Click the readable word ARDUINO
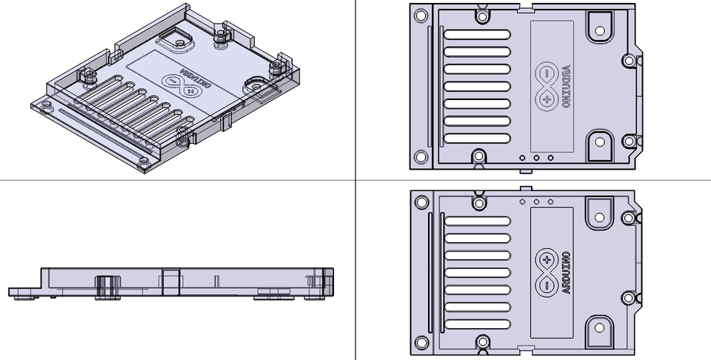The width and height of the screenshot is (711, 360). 567,273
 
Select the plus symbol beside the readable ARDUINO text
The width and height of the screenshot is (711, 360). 547,260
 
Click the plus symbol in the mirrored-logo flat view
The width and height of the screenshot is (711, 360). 547,99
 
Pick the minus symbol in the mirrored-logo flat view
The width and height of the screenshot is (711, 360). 547,74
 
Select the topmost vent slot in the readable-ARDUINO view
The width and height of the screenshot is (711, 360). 476,221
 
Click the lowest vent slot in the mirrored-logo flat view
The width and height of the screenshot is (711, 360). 476,139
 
